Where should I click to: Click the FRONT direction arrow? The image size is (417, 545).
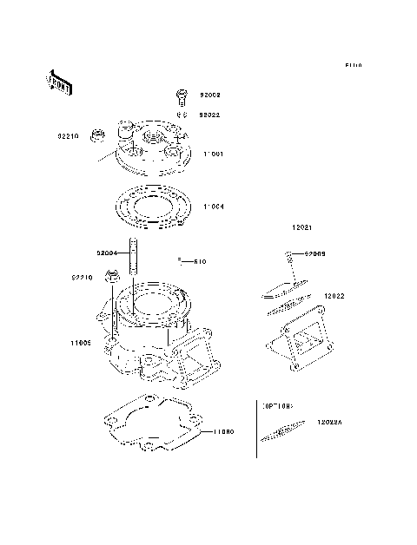pos(58,82)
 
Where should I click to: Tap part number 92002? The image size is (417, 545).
pos(209,95)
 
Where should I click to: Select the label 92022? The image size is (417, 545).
pos(209,114)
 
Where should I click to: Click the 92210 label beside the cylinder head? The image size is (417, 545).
pos(69,136)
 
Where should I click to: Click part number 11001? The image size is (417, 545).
pos(215,154)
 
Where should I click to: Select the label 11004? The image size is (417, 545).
pos(215,207)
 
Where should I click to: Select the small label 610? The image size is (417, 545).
pos(199,261)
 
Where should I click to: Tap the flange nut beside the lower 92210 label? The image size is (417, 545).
pos(111,278)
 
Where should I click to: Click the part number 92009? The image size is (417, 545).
pos(314,253)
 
